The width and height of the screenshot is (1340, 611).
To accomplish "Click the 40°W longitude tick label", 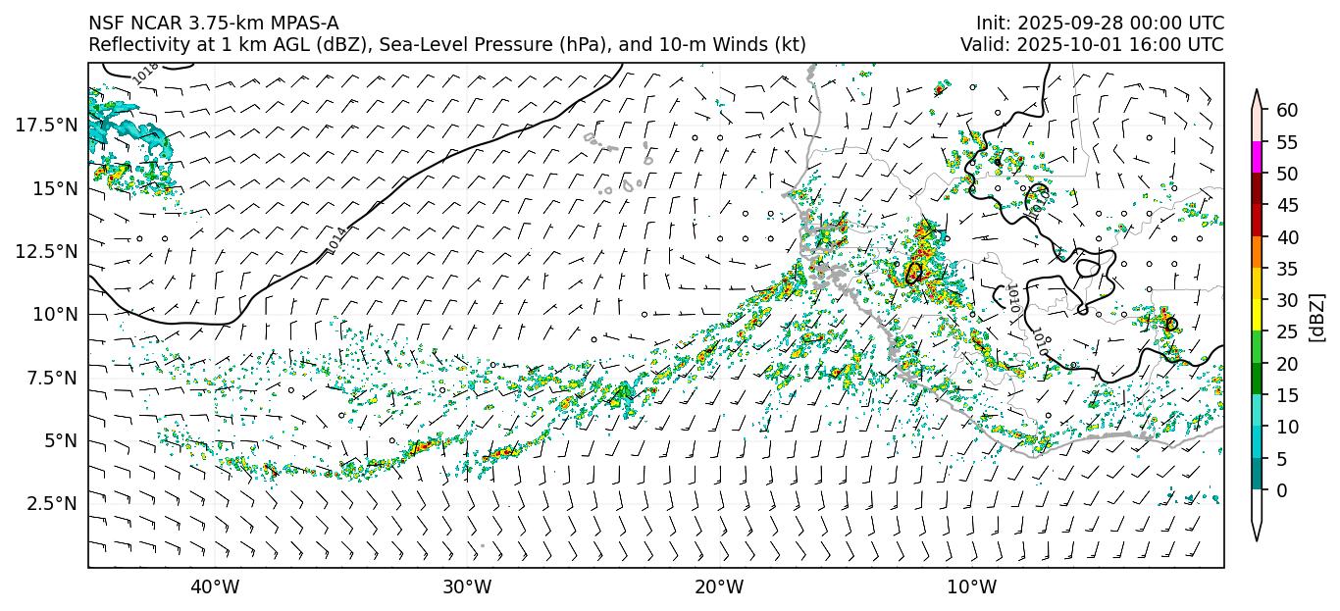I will click(x=214, y=587).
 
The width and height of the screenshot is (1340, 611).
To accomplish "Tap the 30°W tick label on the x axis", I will click(x=467, y=587).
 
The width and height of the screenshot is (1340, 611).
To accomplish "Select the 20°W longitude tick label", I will click(x=719, y=587).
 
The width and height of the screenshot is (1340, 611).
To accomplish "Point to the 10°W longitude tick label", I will click(x=972, y=587).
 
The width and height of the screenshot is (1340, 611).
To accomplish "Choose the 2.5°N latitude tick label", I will click(x=50, y=503).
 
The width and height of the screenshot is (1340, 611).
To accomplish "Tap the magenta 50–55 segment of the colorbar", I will click(x=1256, y=158).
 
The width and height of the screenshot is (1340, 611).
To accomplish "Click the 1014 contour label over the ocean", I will click(x=336, y=240).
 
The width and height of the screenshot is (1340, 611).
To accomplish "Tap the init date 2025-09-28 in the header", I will click(x=1067, y=23).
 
